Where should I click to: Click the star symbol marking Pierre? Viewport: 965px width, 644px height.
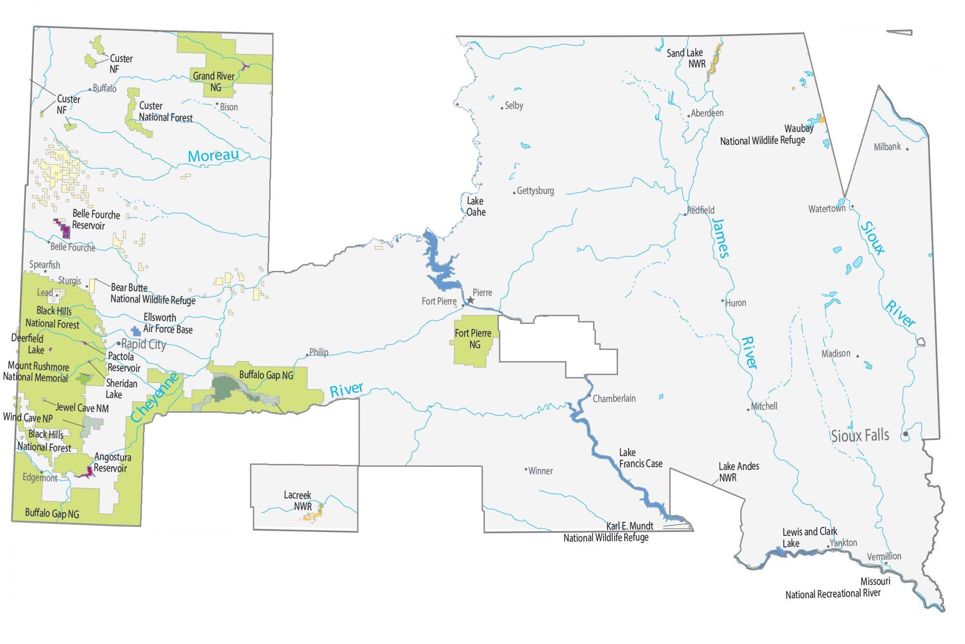470,300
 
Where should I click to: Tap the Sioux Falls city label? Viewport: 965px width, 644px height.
860,435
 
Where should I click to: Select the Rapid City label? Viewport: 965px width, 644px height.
143,344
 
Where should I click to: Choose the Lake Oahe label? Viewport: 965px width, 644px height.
476,206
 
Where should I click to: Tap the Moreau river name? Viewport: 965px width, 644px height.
213,155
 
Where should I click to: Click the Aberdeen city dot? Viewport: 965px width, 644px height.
689,116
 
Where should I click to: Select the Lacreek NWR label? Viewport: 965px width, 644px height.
297,501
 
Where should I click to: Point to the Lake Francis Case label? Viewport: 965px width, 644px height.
640,458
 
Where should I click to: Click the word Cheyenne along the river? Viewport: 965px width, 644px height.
155,398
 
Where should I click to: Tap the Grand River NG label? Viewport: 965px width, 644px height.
214,82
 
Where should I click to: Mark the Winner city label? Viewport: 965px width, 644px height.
540,471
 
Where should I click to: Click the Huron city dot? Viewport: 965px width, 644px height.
723,301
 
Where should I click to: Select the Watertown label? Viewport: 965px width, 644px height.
827,209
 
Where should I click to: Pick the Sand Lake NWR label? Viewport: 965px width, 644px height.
685,58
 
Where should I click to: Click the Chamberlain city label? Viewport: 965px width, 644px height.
614,398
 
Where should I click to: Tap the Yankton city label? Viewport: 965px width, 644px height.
843,543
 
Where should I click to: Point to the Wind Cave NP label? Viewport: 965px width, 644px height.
28,418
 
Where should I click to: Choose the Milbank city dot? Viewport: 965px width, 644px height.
907,149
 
